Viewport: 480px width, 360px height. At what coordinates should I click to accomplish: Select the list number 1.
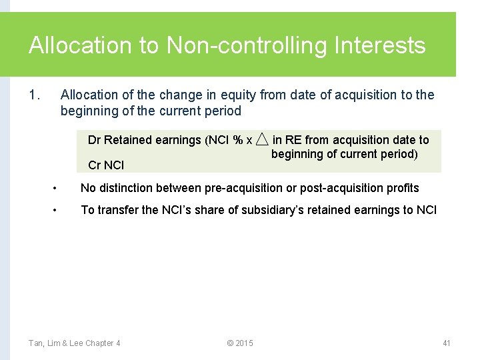pyautogui.click(x=35, y=95)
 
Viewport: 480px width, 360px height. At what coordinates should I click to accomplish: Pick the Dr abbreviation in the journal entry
pyautogui.click(x=94, y=140)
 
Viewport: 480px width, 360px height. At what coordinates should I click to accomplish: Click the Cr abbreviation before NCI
pyautogui.click(x=94, y=165)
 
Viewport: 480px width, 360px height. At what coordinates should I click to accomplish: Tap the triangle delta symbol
pyautogui.click(x=262, y=139)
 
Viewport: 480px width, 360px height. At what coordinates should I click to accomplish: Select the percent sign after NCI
pyautogui.click(x=237, y=140)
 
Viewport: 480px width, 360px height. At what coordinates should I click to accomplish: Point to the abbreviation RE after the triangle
pyautogui.click(x=293, y=140)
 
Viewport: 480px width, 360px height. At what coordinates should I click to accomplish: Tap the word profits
pyautogui.click(x=401, y=188)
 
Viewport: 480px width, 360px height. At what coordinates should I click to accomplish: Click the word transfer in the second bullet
pyautogui.click(x=119, y=210)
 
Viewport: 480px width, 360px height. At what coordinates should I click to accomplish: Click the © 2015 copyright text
pyautogui.click(x=240, y=343)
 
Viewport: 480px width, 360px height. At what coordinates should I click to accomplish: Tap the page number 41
pyautogui.click(x=447, y=343)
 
